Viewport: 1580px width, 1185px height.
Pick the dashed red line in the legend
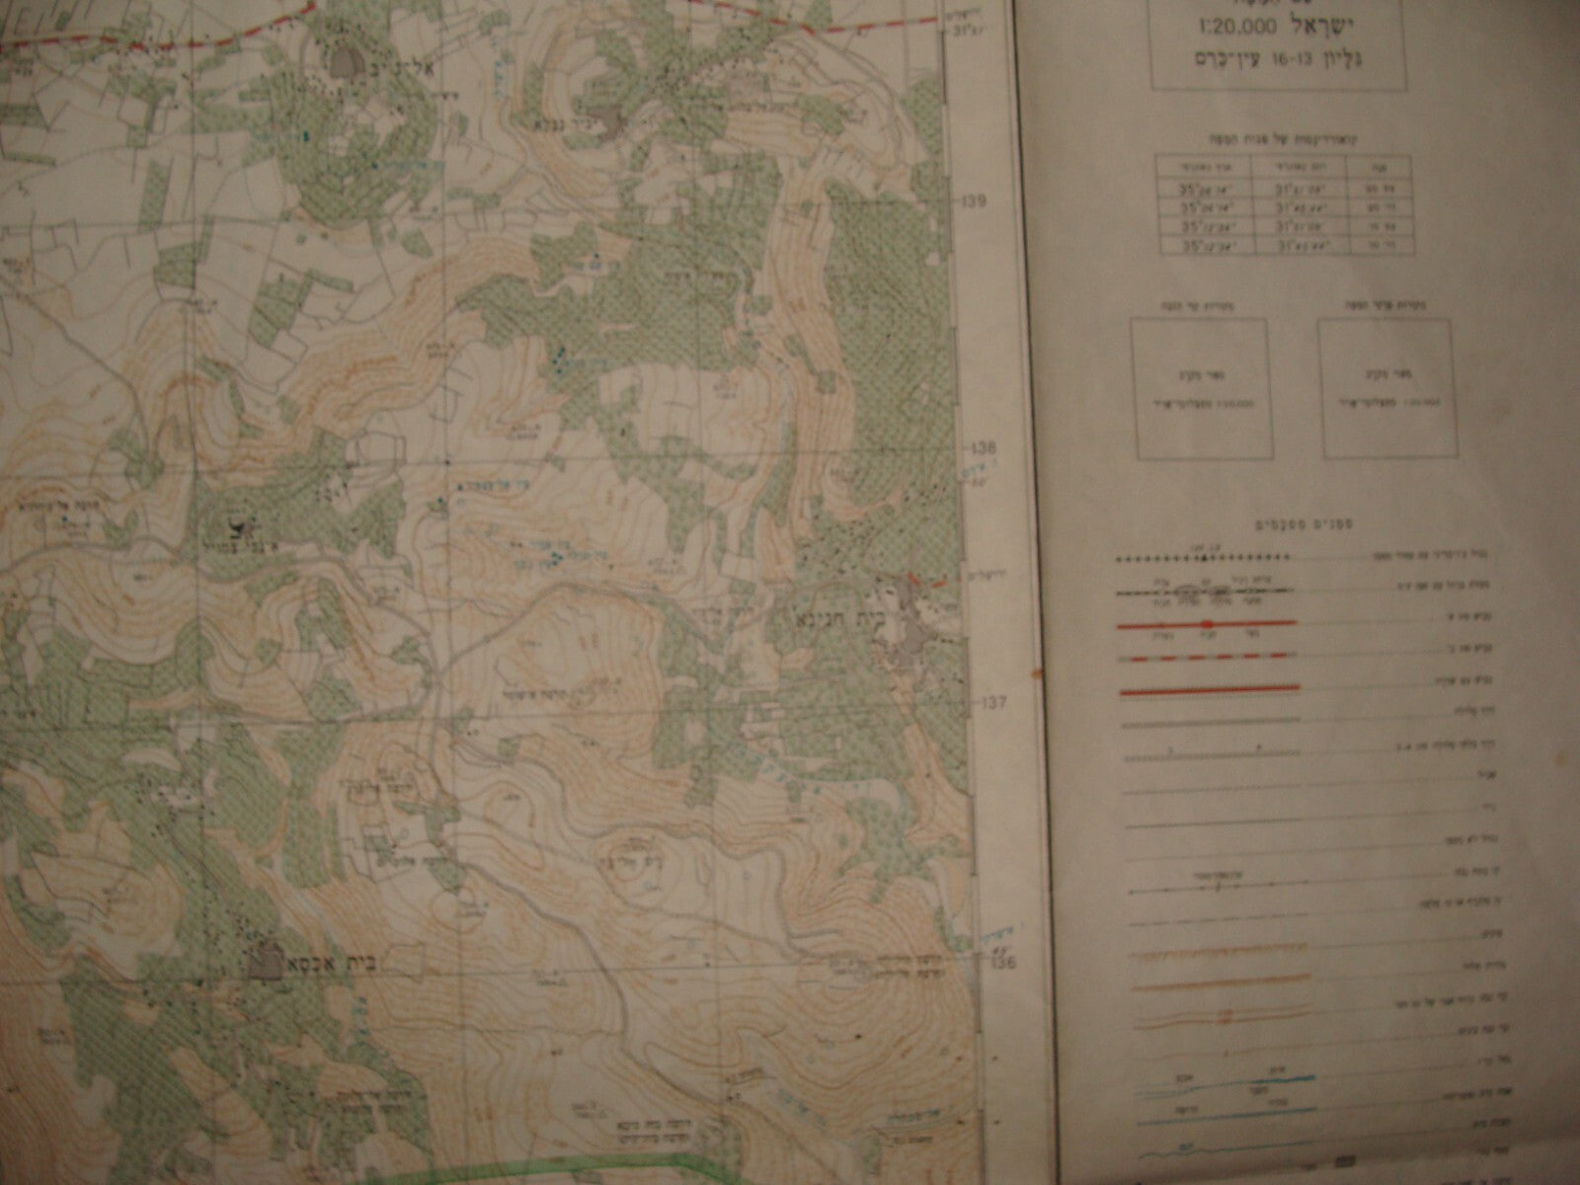point(1206,656)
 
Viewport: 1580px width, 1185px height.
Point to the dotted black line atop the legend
point(1206,559)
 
